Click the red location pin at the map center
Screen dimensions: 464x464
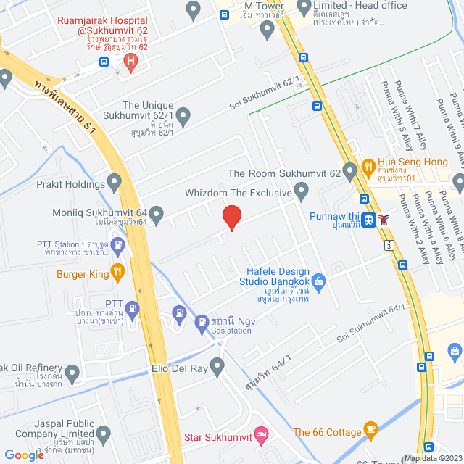point(231,217)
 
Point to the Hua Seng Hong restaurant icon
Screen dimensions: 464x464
point(368,166)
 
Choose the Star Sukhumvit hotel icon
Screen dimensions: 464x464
point(263,434)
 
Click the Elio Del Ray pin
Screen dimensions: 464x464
point(217,365)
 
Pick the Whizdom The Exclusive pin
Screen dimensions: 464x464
point(303,192)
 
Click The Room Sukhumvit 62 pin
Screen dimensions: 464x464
point(351,173)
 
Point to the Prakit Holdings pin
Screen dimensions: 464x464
point(114,181)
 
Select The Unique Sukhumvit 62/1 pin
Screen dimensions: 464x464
point(183,115)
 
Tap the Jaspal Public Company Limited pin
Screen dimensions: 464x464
point(103,435)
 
